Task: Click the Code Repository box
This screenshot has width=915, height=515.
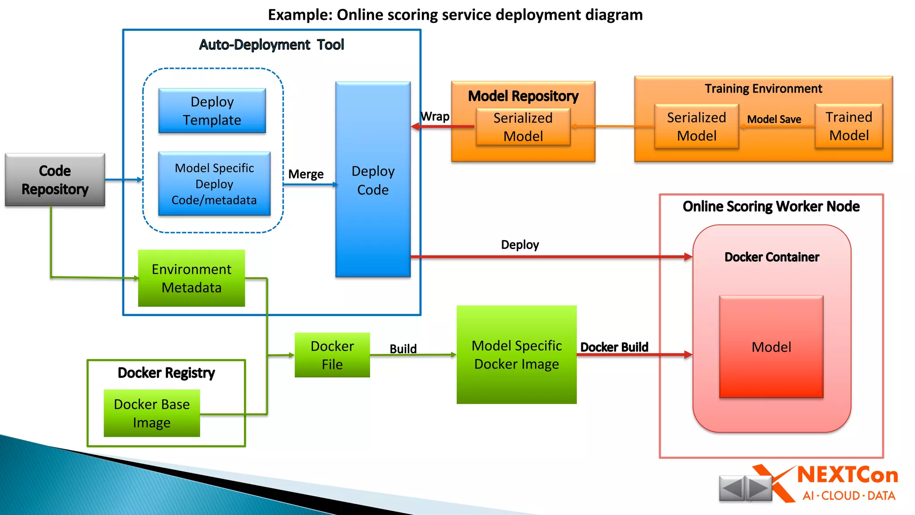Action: (x=55, y=180)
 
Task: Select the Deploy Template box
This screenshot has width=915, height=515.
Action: (x=212, y=111)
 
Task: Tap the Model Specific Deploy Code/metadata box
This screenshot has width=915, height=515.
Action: (x=214, y=184)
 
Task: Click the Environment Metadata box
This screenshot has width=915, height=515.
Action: (x=191, y=278)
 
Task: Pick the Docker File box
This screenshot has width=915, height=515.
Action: (x=332, y=355)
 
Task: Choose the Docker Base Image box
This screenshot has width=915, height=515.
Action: (x=151, y=413)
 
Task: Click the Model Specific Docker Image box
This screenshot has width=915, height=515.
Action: (x=516, y=355)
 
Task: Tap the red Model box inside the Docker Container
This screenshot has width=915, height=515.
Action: (x=771, y=347)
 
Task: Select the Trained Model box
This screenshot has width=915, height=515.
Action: (x=848, y=126)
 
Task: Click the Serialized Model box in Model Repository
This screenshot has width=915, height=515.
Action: (x=523, y=127)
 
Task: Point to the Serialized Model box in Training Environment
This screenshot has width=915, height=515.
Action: (x=696, y=127)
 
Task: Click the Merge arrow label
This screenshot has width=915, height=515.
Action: (x=306, y=174)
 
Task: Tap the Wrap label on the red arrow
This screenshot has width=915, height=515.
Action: (x=435, y=117)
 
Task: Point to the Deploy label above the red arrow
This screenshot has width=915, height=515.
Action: (x=520, y=245)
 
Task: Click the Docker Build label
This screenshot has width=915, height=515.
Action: (x=614, y=347)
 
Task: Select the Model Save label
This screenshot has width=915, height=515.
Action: (x=774, y=119)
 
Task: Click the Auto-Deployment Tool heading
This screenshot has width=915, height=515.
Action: (x=271, y=45)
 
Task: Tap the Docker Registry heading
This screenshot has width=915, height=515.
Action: (x=166, y=372)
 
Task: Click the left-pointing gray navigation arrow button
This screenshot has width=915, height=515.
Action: (x=731, y=488)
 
